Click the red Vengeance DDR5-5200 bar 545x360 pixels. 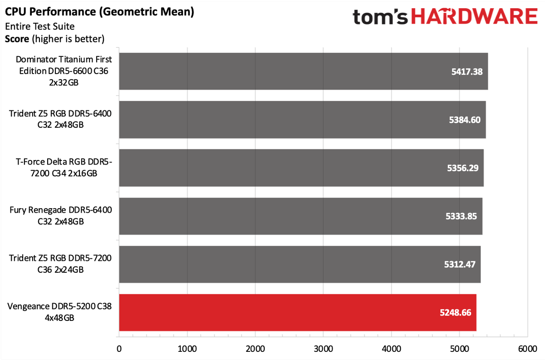[x=297, y=313]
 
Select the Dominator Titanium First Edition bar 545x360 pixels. [x=303, y=71]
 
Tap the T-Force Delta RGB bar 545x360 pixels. [x=301, y=168]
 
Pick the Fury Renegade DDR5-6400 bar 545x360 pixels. [x=301, y=216]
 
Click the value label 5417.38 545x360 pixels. [x=467, y=72]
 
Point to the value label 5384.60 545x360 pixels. [x=465, y=120]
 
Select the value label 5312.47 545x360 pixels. [x=460, y=264]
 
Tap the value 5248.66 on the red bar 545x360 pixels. [x=456, y=313]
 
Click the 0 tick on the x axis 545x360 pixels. [x=119, y=349]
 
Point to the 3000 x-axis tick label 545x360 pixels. [x=323, y=349]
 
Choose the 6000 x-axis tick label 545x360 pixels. [x=527, y=349]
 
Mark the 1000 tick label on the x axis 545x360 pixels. [x=187, y=349]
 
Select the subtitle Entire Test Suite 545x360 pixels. [x=40, y=26]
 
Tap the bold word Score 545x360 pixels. [x=17, y=39]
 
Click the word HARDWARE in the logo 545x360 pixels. [x=474, y=16]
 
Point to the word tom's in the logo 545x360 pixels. [x=380, y=17]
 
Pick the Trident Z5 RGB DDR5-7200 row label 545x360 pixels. [x=60, y=264]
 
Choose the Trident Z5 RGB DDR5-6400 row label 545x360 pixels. [x=60, y=119]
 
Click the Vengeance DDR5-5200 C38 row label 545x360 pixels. [x=59, y=312]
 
